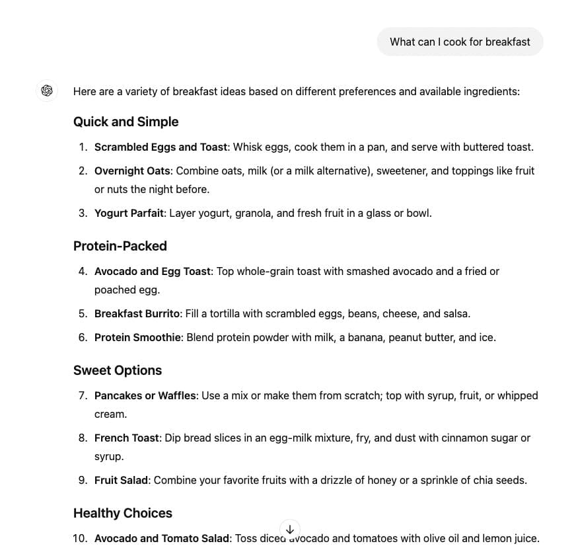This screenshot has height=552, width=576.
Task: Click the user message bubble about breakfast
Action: (460, 42)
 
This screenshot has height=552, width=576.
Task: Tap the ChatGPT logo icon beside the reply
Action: (47, 91)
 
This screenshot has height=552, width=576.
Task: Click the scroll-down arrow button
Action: (290, 530)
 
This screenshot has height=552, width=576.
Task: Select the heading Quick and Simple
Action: (126, 122)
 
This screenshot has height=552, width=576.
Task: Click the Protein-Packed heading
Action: (120, 246)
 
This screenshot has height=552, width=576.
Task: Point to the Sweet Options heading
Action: (117, 370)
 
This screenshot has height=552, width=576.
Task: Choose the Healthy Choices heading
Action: (122, 513)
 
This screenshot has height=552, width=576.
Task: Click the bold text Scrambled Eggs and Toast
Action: (161, 147)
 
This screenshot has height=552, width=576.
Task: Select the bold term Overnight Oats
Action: (132, 171)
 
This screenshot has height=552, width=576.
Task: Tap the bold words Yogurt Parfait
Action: (129, 213)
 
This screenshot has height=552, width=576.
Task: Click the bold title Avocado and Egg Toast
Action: (152, 271)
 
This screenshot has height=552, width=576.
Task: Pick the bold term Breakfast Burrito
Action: (137, 313)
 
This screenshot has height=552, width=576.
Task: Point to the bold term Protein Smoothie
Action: (137, 337)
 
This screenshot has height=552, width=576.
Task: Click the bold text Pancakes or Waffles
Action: (145, 395)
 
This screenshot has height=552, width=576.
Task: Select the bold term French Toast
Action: (126, 438)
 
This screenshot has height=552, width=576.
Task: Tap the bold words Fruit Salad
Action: (121, 480)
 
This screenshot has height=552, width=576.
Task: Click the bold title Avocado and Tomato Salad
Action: (161, 538)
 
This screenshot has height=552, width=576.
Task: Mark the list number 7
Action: (82, 395)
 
